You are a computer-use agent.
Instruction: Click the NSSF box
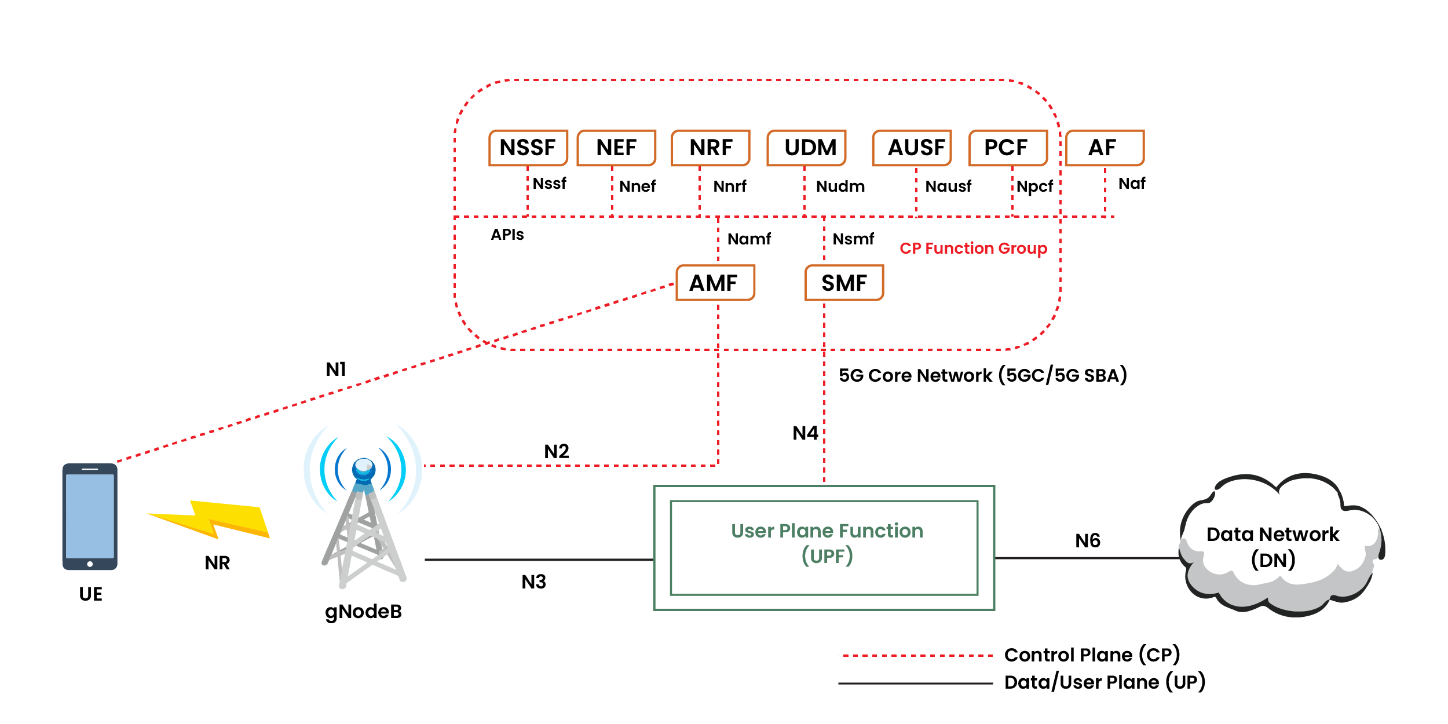click(x=528, y=148)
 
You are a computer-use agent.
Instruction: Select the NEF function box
click(x=616, y=148)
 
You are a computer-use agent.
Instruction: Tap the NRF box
click(x=711, y=148)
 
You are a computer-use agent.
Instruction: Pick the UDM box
click(x=807, y=148)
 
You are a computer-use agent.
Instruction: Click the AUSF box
click(x=912, y=148)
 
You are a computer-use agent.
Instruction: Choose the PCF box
click(x=1008, y=148)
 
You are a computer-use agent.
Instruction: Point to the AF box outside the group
click(x=1105, y=148)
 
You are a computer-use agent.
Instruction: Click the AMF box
click(x=715, y=283)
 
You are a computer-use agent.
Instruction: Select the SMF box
click(x=844, y=283)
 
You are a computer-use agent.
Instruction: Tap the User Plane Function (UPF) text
click(x=827, y=543)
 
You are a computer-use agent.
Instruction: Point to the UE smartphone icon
click(x=90, y=516)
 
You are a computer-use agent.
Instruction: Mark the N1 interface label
click(x=336, y=369)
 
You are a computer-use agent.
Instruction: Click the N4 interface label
click(x=805, y=433)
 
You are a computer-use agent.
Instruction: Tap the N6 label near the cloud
click(x=1087, y=540)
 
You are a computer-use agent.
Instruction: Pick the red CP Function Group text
click(x=973, y=248)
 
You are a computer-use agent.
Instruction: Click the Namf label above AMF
click(x=749, y=239)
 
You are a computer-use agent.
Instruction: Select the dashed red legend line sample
click(x=916, y=656)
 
